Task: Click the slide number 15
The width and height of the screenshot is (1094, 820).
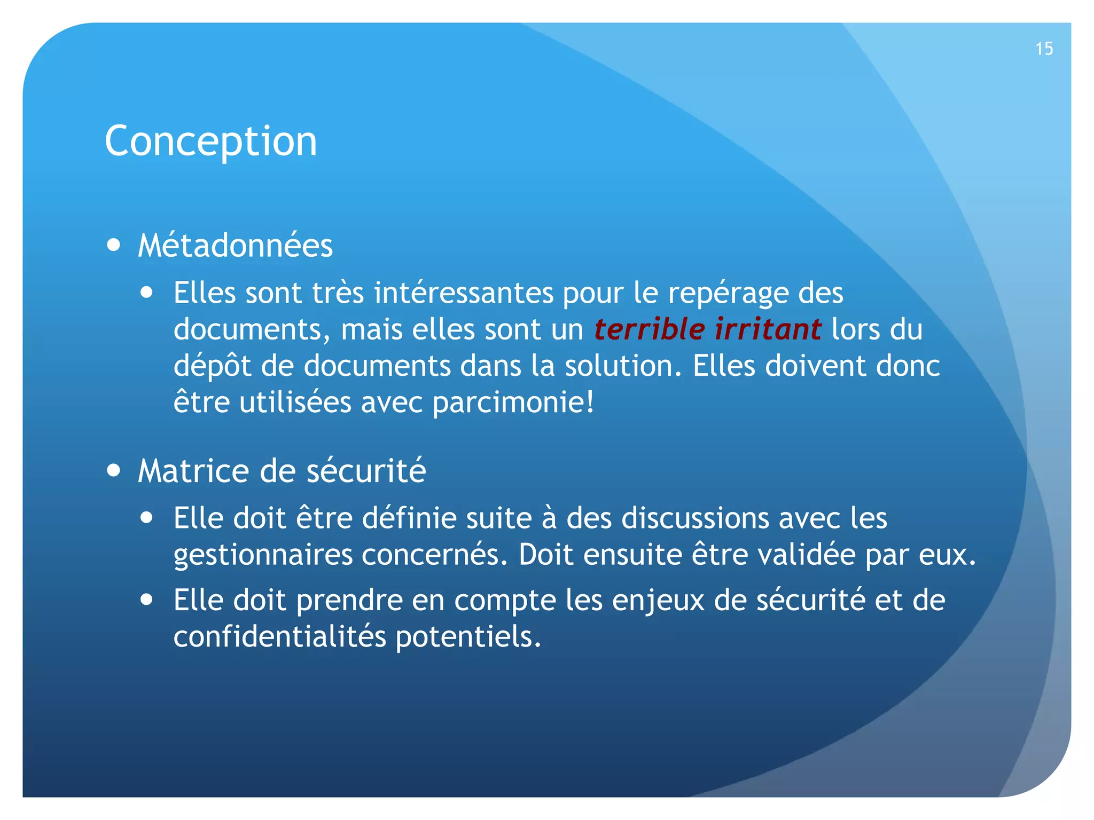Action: (x=1044, y=49)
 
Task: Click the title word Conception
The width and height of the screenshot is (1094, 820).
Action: (x=211, y=141)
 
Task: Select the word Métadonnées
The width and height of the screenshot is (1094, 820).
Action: (x=235, y=246)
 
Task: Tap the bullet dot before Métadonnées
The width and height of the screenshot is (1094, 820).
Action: (x=113, y=245)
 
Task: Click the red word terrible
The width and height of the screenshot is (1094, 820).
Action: (x=649, y=329)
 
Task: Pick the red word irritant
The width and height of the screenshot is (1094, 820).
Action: (x=768, y=329)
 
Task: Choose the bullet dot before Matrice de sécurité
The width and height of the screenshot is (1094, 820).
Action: (x=113, y=471)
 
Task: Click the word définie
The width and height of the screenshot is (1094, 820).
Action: (x=409, y=518)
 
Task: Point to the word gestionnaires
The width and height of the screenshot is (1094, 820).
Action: (x=263, y=556)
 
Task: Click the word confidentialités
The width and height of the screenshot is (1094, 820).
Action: (x=279, y=637)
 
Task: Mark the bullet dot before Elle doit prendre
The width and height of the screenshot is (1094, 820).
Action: (x=147, y=600)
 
